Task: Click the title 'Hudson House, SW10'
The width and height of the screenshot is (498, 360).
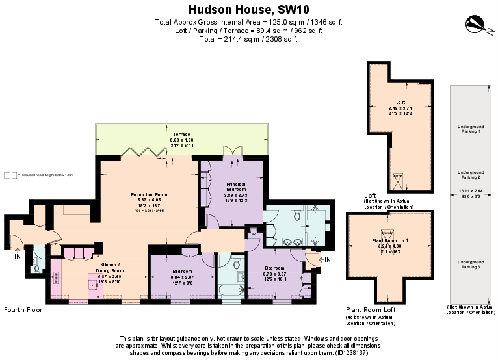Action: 249,9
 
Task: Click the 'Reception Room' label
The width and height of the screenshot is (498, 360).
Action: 150,194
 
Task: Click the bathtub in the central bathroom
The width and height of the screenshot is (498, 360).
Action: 229,289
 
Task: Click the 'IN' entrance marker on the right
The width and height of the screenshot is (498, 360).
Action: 328,261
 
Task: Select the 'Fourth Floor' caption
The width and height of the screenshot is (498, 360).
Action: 23,310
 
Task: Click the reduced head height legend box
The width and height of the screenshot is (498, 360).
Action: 10,175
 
